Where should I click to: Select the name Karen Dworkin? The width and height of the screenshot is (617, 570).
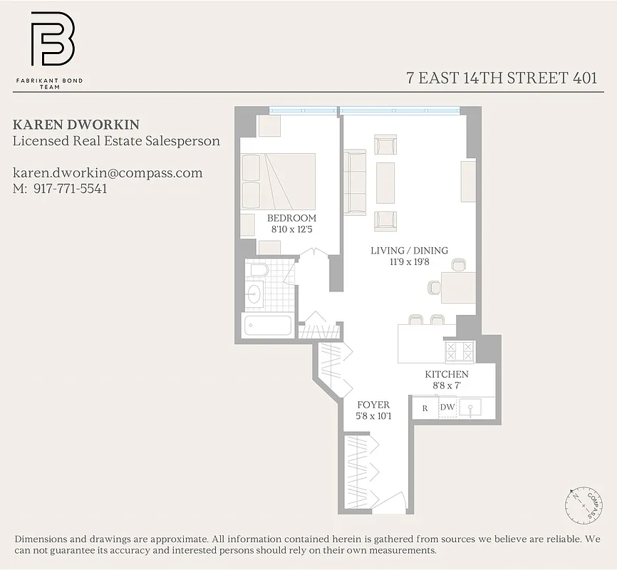[66, 124]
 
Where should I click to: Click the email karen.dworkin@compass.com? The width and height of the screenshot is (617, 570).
[108, 172]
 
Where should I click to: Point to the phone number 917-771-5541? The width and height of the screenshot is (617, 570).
[70, 189]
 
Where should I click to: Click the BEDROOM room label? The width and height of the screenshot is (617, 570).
[291, 218]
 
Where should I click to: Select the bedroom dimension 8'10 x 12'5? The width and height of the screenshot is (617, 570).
[291, 229]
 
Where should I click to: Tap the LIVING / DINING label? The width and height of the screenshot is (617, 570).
[409, 250]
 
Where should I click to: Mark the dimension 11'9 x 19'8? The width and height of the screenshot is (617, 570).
[409, 261]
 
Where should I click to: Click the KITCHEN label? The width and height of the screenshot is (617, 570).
[447, 374]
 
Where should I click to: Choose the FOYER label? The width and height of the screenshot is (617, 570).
[374, 405]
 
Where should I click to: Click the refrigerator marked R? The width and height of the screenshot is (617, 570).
[425, 408]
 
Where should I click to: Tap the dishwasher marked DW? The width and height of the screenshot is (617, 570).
[447, 408]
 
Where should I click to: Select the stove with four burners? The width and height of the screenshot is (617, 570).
[459, 351]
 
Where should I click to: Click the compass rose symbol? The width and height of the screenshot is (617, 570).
[583, 502]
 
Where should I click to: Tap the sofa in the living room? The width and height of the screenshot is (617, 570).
[355, 182]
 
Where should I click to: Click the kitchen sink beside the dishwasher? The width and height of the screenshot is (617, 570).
[471, 408]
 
